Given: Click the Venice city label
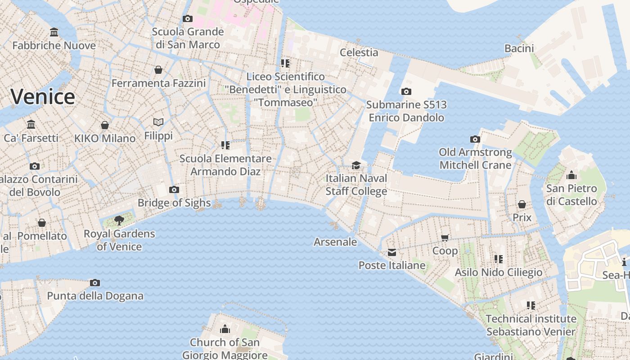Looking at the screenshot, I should coord(43,97).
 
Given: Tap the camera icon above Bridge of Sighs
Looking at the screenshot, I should coord(174,189).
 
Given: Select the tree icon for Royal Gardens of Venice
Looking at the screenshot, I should coord(119,220).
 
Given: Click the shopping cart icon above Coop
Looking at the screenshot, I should coord(445,238).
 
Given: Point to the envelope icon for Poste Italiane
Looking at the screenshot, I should coord(392,252).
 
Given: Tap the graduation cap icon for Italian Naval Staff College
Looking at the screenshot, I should coord(356,165).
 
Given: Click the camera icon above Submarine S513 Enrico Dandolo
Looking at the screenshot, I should coord(406,92).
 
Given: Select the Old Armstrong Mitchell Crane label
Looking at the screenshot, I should coord(475,159).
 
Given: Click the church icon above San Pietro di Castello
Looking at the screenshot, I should coord(571,175).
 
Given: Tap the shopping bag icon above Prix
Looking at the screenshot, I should coord(522,205).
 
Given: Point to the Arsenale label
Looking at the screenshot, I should coord(335,242).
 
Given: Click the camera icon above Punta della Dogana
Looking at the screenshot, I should coord(94,283).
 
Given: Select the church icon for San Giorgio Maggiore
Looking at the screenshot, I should coord(225,329).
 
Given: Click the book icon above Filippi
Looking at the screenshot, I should coord(158,122).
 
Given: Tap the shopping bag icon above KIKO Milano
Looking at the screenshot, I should coord(105,125).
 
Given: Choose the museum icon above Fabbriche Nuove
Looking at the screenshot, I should coord(54,32).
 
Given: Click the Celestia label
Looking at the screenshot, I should coord(359,52).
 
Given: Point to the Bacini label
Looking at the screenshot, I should coord(519,49).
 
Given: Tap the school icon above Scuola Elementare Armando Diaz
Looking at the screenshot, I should coord(225,145).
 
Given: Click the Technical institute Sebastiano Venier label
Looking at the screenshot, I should coord(531,325).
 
